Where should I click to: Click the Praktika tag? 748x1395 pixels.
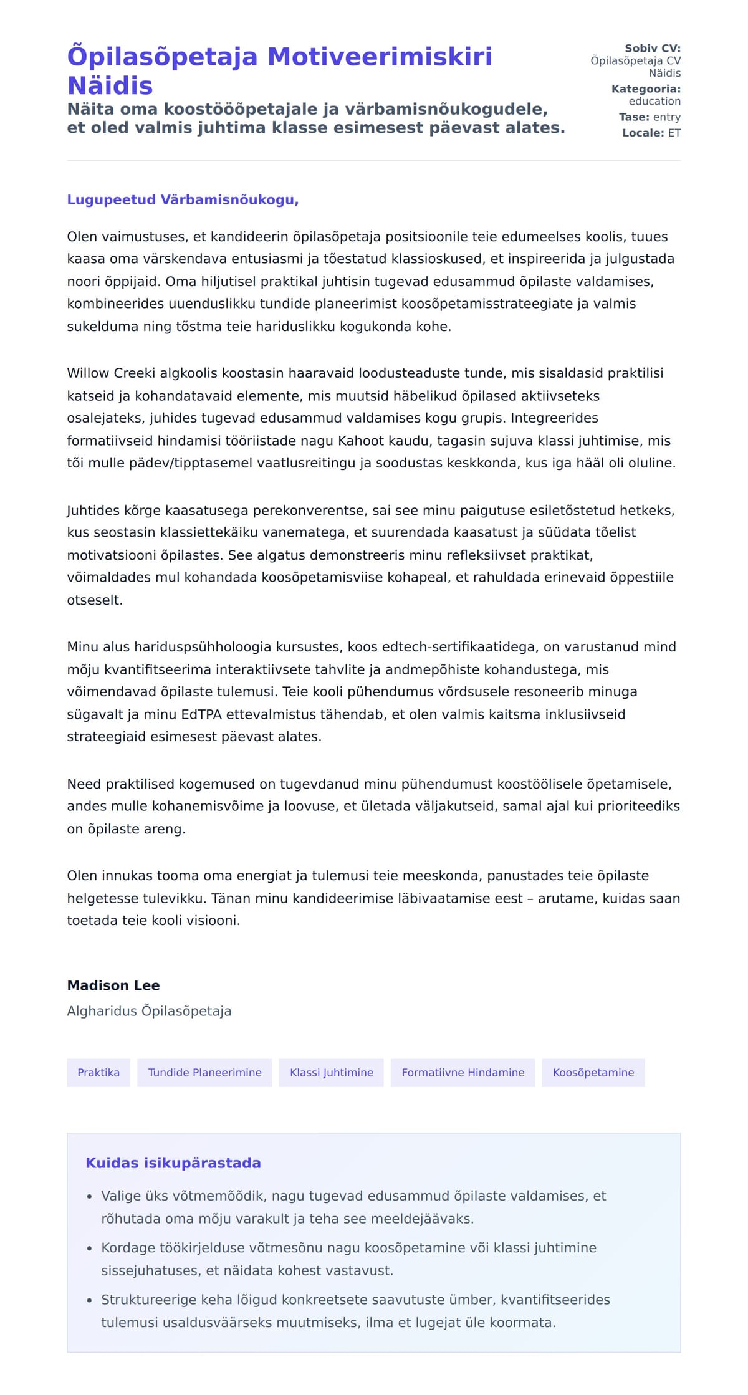[x=98, y=1072]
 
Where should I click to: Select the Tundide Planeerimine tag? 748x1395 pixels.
[x=204, y=1072]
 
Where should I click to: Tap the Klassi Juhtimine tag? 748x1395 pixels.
[x=332, y=1072]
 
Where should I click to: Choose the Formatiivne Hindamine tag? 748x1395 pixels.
[x=463, y=1072]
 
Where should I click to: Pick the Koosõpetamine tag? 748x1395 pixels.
[x=593, y=1072]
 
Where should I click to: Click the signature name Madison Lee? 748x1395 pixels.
[x=113, y=985]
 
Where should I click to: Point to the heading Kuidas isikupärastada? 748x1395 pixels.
[x=173, y=1162]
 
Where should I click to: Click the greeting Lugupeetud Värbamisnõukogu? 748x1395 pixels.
[x=183, y=199]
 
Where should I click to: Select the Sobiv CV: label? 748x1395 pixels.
[x=653, y=48]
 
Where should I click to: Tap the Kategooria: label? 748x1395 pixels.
[x=646, y=89]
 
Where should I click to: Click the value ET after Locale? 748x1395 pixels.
[x=674, y=133]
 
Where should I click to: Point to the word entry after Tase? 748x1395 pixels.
[x=666, y=117]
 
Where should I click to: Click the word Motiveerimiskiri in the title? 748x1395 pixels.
[x=380, y=56]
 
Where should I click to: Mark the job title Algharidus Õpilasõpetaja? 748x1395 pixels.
[x=149, y=1011]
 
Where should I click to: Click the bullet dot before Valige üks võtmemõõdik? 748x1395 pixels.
[x=89, y=1197]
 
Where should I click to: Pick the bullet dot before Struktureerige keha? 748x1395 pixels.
[x=89, y=1300]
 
